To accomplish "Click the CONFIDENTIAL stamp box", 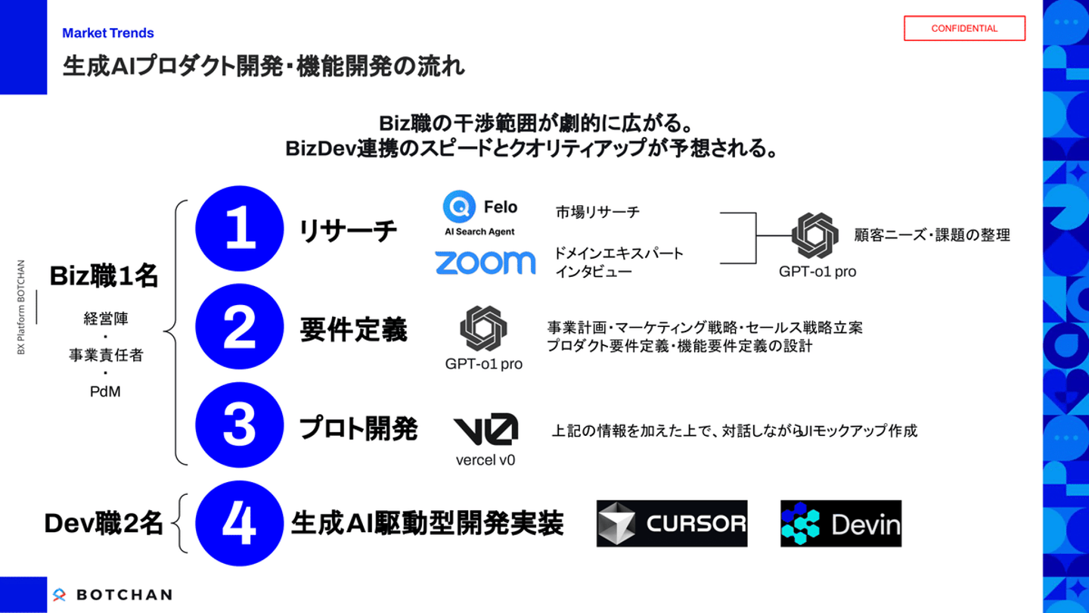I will (x=964, y=28).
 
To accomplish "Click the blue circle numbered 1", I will (x=240, y=229).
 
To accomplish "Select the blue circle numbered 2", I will (x=240, y=328).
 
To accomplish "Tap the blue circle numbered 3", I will (x=240, y=425).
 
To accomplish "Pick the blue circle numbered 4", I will (x=240, y=524).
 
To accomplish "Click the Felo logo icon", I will (x=459, y=207).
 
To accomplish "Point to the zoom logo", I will (x=485, y=263).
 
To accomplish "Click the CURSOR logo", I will (x=672, y=524).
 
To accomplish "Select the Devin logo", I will (x=841, y=524).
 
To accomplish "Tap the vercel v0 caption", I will (x=485, y=459).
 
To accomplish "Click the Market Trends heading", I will (x=108, y=33).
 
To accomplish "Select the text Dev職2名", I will (x=104, y=524).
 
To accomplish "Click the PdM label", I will (x=105, y=392).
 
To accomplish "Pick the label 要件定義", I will (x=353, y=330).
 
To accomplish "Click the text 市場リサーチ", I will (x=597, y=213).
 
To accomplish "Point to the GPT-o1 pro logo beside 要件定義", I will (x=483, y=328).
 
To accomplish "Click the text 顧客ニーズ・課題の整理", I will (x=932, y=235).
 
